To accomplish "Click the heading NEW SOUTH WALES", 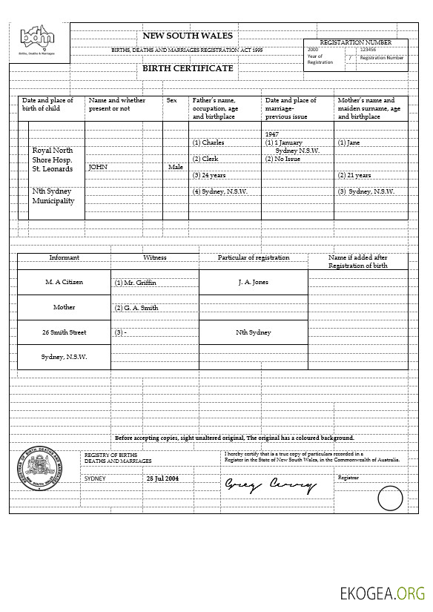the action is pyautogui.click(x=188, y=36).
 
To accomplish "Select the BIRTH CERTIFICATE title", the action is pyautogui.click(x=188, y=68).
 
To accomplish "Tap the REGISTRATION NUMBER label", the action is pyautogui.click(x=355, y=42).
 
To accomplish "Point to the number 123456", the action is pyautogui.click(x=368, y=50).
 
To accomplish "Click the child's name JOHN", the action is pyautogui.click(x=98, y=167).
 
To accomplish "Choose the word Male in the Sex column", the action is pyautogui.click(x=176, y=167).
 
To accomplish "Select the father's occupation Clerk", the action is pyautogui.click(x=210, y=159).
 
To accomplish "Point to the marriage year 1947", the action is pyautogui.click(x=271, y=134).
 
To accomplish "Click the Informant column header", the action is pyautogui.click(x=65, y=257).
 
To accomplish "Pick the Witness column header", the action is pyautogui.click(x=155, y=257).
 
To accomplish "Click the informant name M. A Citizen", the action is pyautogui.click(x=65, y=282).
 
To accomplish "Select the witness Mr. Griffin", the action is pyautogui.click(x=138, y=283).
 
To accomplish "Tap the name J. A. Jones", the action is pyautogui.click(x=254, y=282).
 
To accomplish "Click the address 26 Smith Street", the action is pyautogui.click(x=65, y=332).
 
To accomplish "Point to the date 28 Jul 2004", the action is pyautogui.click(x=162, y=478).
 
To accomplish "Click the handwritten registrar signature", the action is pyautogui.click(x=271, y=486).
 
